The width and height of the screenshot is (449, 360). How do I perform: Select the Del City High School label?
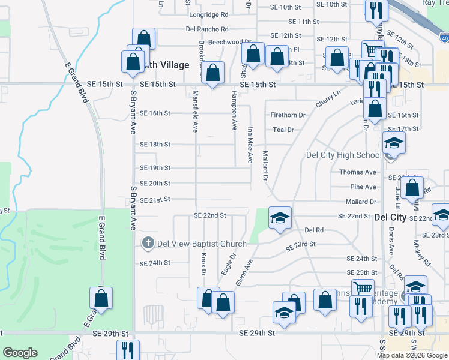[x=343, y=155]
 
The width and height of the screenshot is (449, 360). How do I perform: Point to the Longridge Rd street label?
[x=208, y=14]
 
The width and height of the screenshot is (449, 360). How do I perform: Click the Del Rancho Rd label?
[x=207, y=28]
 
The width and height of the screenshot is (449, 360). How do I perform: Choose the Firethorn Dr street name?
[x=288, y=115]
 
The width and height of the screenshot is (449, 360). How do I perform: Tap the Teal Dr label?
[x=283, y=130]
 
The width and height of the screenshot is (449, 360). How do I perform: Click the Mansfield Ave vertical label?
[x=195, y=111]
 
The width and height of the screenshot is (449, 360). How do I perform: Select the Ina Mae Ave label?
[x=250, y=145]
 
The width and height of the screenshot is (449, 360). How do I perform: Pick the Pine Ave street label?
[x=365, y=188]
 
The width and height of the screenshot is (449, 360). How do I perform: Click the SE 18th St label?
[x=155, y=145]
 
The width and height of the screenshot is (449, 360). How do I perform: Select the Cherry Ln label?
[x=328, y=99]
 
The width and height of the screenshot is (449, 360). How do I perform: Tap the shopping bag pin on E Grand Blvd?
[x=101, y=299]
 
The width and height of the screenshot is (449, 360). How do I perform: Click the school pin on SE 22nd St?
[x=280, y=218]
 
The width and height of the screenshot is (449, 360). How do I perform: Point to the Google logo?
[x=20, y=353]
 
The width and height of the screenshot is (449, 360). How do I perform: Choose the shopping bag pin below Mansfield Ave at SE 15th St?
[x=212, y=74]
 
